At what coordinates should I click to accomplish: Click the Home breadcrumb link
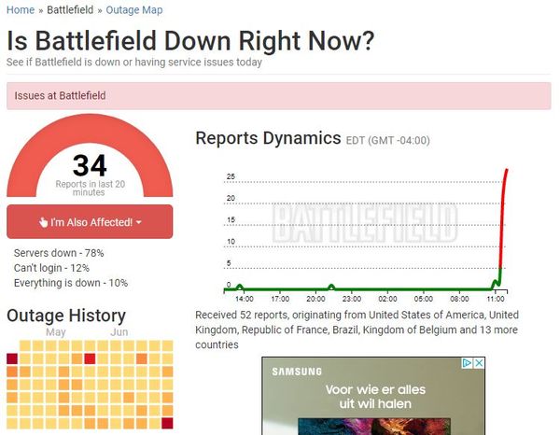pos(21,9)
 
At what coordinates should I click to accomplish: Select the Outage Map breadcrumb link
pos(133,9)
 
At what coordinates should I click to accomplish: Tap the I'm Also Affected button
pos(90,222)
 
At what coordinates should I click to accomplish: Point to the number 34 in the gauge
pos(90,166)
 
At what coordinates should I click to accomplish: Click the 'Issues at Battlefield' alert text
pos(61,95)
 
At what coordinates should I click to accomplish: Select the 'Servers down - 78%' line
pos(59,253)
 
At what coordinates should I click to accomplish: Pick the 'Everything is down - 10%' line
pos(71,283)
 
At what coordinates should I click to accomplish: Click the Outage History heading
pos(65,316)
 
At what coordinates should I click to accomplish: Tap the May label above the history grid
pos(55,332)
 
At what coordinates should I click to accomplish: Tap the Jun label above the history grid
pos(119,332)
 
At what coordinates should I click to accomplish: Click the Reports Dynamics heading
pos(268,138)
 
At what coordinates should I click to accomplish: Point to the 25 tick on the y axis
pos(231,177)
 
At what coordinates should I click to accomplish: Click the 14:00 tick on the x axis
pos(244,300)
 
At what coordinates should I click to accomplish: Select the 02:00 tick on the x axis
pos(387,300)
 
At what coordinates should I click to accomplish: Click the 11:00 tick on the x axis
pos(496,300)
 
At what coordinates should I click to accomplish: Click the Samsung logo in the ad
pos(297,372)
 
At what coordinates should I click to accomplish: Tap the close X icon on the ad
pos(479,363)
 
